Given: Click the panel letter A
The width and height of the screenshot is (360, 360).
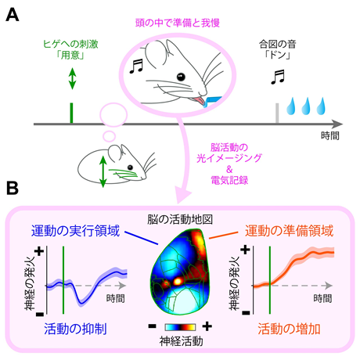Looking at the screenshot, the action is pos(13,15).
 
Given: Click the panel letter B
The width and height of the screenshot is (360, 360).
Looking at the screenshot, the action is pos(13,188).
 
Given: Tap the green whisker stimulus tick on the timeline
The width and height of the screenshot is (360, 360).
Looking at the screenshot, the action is pos(71,113).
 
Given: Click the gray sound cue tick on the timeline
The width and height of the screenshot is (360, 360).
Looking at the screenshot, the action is pos(277,113).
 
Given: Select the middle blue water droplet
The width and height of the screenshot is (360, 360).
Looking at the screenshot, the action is pos(306,106).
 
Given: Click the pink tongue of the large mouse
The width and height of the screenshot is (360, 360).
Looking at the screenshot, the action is pos(199,101).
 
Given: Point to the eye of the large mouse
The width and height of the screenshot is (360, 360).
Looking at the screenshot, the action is pos(181,77).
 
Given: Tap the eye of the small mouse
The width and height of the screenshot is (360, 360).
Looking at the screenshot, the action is pos(130,167).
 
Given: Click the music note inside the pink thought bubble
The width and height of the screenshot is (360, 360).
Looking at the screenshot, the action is pos(136,66).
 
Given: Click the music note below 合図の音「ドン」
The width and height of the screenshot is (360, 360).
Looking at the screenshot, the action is pos(278,77).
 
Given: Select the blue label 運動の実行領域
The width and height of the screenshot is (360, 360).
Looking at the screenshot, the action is pos(75,231).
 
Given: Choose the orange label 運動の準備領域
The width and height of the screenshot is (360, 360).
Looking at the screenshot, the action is pos(289,231).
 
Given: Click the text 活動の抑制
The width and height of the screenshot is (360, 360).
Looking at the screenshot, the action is pos(75,329).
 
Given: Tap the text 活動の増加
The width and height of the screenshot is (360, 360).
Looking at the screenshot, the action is pos(289,329).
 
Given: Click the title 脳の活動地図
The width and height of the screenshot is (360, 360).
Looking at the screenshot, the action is pos(180,220).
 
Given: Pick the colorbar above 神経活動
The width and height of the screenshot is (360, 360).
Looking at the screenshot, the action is pos(180,327).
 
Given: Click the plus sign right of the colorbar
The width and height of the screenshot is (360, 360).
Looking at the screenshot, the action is pos(207,326).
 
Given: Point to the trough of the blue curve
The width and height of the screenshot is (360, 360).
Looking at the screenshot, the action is pos(81,303).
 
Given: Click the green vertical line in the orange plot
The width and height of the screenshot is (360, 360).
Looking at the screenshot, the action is pos(270,279).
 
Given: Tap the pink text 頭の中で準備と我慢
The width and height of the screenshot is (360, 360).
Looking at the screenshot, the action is pos(178,23).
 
